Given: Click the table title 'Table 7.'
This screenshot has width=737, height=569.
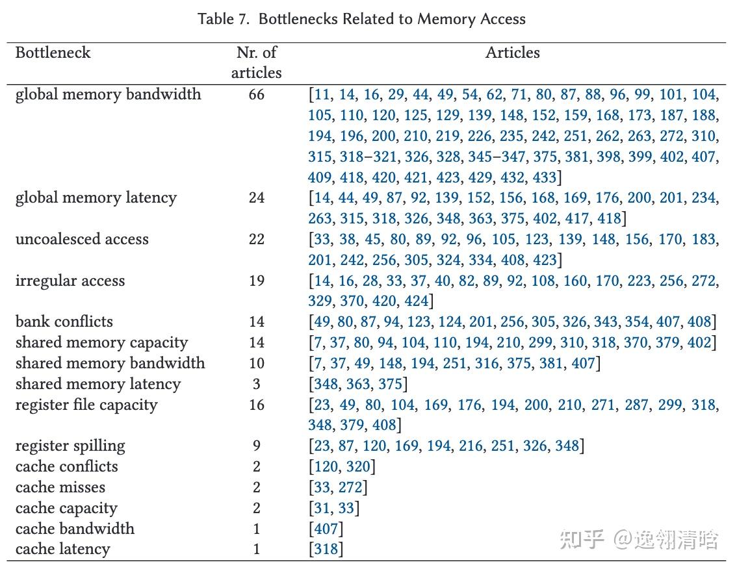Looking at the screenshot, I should (224, 19).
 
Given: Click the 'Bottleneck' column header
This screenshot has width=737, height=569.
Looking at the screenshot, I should (53, 53).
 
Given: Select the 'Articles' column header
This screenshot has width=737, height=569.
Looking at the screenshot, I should (512, 53).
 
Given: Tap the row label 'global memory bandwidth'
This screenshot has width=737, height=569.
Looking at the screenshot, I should (108, 94).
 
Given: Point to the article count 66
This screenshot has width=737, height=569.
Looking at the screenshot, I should (256, 94).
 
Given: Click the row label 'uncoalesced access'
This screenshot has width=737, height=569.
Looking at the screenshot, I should (82, 239).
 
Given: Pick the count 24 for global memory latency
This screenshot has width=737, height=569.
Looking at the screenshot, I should (256, 197).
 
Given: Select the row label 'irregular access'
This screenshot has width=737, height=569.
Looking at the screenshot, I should (70, 281).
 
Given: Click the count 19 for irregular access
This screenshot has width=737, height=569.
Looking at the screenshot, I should (256, 281).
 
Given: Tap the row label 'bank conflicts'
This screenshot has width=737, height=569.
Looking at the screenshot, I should (64, 322).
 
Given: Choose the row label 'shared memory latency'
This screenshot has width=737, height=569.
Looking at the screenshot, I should (97, 384).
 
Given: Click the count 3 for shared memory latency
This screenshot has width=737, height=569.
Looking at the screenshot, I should (256, 384).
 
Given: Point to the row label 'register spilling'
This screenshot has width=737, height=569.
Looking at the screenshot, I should (70, 446).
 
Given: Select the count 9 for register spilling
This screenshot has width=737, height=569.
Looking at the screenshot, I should (256, 446).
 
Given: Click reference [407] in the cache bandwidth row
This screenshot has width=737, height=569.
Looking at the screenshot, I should (326, 528).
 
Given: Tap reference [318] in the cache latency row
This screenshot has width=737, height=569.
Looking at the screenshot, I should (326, 549).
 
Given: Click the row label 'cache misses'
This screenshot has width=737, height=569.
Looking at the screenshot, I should (60, 487).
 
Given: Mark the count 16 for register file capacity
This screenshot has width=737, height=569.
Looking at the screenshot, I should (256, 405).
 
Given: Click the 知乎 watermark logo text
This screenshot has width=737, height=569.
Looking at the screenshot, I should (582, 538).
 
